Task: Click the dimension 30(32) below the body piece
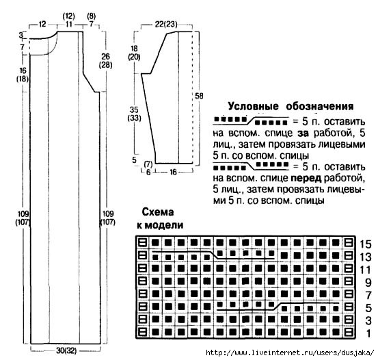coord(66,350)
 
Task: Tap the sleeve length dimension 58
coord(199,96)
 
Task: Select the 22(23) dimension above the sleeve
coord(166,24)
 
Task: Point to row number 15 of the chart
coord(366,244)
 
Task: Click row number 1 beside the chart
coord(368,333)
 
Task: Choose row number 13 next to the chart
coord(366,257)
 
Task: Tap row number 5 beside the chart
coord(368,308)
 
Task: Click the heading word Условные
coord(253,107)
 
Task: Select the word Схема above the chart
coord(158,212)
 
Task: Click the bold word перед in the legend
coord(306,178)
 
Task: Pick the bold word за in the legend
coord(303,133)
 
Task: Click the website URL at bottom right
coord(290,352)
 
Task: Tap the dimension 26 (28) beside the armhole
coord(105,61)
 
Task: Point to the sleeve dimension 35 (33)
coord(134,114)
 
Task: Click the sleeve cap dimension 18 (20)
coord(134,53)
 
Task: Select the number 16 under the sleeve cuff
coord(173,172)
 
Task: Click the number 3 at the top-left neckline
coord(21,36)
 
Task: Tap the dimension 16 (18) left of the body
coord(23,75)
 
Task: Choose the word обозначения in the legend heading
coord(320,107)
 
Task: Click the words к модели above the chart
coord(160,225)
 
